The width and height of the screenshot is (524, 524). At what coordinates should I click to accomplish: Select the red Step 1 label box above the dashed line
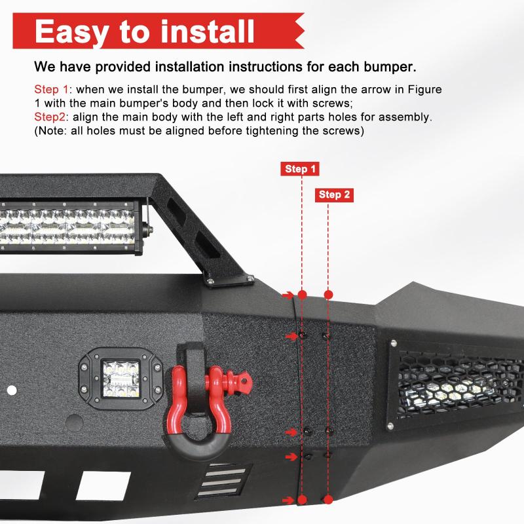pyautogui.click(x=301, y=169)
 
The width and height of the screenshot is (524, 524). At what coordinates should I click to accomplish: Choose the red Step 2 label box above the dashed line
pyautogui.click(x=335, y=195)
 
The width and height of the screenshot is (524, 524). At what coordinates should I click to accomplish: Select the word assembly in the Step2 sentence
pyautogui.click(x=409, y=117)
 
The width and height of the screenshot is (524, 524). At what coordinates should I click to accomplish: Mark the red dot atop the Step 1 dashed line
pyautogui.click(x=301, y=295)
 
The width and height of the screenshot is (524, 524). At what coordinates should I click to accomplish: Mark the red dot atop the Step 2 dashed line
pyautogui.click(x=329, y=295)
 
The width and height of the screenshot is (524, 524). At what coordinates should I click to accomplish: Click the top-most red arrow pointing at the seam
pyautogui.click(x=289, y=295)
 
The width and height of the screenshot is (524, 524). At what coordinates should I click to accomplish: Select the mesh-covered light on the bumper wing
pyautogui.click(x=458, y=386)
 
